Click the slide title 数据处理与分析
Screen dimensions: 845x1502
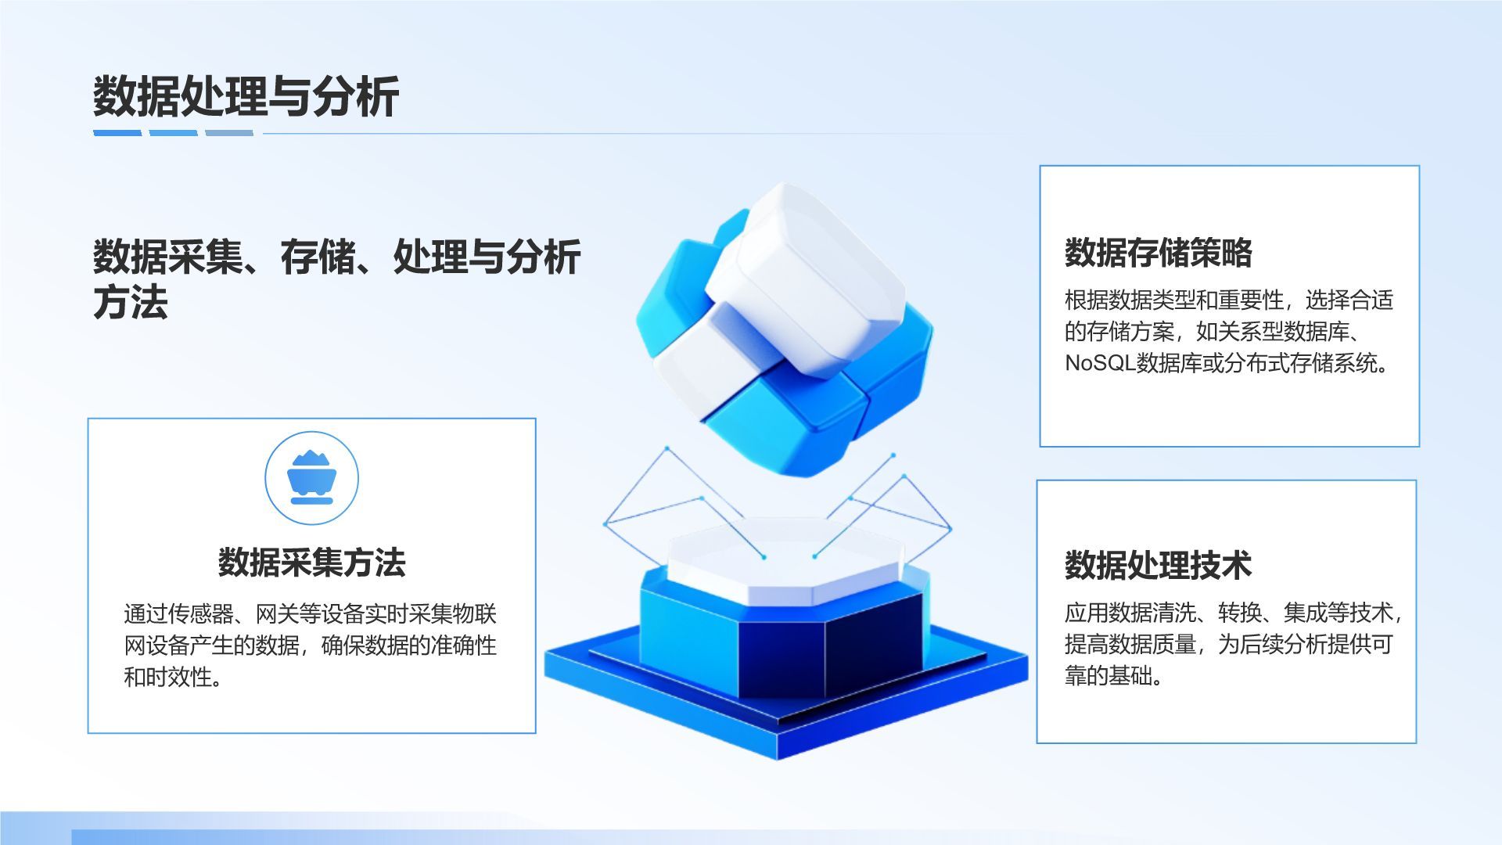tap(246, 97)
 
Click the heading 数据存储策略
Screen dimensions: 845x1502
tap(1158, 253)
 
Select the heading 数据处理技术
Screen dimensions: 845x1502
tap(1158, 565)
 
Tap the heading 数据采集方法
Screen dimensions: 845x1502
tap(311, 563)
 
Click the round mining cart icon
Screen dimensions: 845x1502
tap(311, 478)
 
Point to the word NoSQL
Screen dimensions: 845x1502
tap(1099, 364)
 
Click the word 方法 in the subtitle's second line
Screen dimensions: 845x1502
tap(131, 303)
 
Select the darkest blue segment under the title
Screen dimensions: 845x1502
tap(117, 133)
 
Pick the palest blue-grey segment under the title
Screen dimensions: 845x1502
tap(229, 133)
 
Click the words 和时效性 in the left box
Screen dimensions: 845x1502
tap(167, 677)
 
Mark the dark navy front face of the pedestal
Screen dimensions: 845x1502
tap(782, 653)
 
